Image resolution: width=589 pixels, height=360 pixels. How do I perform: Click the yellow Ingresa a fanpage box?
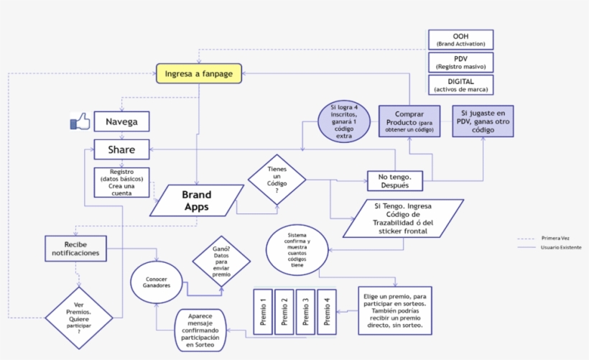click(x=199, y=73)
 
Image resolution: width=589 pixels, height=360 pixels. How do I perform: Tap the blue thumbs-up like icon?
click(x=80, y=122)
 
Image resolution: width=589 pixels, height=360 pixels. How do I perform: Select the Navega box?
click(x=121, y=121)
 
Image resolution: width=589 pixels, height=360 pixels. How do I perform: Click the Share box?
click(x=121, y=149)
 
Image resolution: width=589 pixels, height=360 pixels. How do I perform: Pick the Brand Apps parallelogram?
click(x=195, y=200)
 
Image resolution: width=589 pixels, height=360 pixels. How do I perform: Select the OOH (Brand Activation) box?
click(x=460, y=40)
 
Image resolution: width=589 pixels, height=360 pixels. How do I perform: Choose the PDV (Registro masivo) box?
click(x=460, y=62)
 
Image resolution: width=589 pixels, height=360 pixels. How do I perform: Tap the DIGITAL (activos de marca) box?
click(x=460, y=85)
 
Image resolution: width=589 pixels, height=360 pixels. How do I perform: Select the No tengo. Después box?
click(x=394, y=180)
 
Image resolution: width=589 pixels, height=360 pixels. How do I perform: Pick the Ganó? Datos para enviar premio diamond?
click(x=221, y=263)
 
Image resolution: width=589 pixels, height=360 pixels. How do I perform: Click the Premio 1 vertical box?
click(x=262, y=311)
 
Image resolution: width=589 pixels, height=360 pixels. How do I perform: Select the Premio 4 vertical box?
click(x=327, y=311)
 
